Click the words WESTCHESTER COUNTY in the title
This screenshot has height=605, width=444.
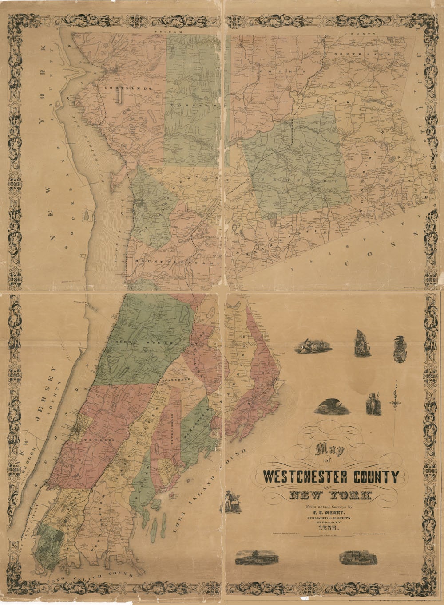click(x=331, y=477)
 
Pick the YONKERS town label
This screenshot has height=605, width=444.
click(x=100, y=436)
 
